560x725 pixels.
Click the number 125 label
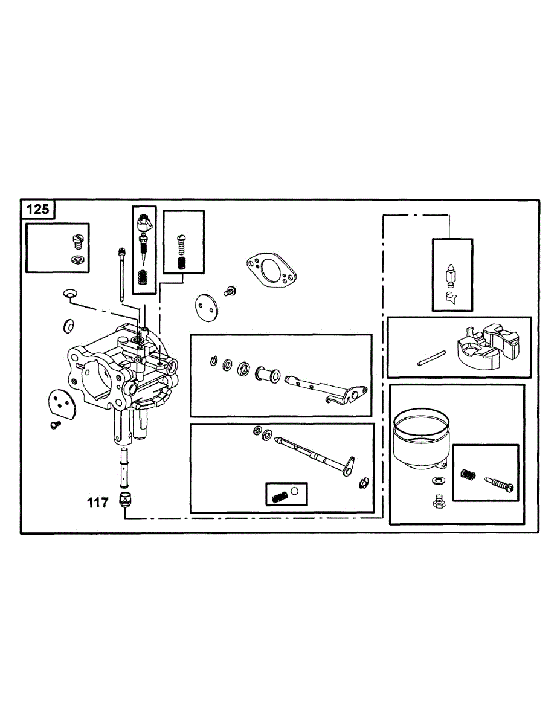(x=39, y=210)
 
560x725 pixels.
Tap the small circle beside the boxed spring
(x=295, y=491)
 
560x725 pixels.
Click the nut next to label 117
(x=125, y=500)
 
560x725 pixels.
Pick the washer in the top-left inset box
(x=77, y=260)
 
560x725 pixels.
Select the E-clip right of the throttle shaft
(x=364, y=482)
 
